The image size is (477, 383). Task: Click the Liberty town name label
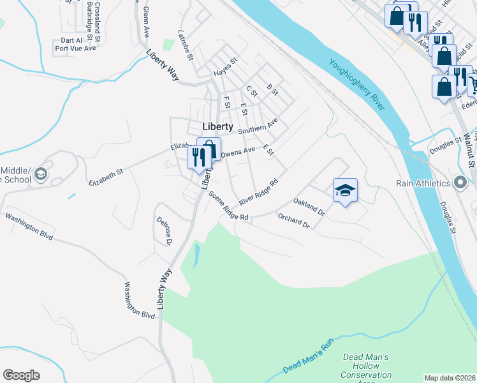point(217,126)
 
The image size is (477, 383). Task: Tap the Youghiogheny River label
point(358,84)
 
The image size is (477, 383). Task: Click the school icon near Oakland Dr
point(345,190)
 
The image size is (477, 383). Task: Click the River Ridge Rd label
point(260,191)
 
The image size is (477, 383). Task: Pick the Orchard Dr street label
point(293,221)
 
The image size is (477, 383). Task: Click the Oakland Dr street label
point(309,206)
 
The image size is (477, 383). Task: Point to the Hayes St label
point(225,67)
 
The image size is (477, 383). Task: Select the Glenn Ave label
point(146,22)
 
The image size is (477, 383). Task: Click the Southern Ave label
point(258,126)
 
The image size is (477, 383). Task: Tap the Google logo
point(21,375)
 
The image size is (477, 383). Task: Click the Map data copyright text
point(450,378)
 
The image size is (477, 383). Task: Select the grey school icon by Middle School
point(40,174)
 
